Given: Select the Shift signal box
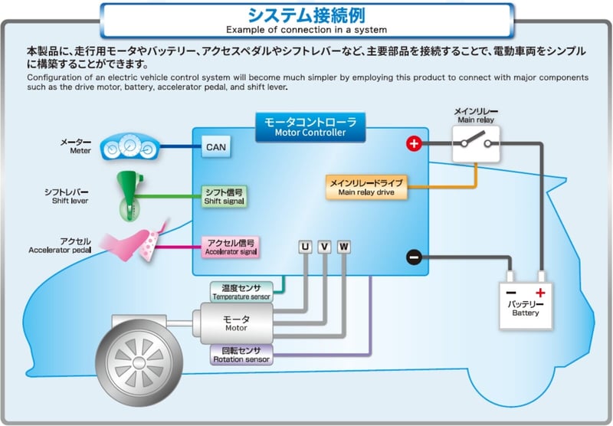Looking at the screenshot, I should coord(224,196).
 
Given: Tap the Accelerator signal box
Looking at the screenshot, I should coord(230,245).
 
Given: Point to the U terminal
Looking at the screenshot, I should coord(305,247).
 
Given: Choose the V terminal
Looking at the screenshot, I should coord(325,247).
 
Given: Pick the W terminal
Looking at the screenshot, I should coord(344,247).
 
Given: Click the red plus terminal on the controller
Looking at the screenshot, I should coord(414,143).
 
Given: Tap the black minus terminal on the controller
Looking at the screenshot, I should coord(414,257).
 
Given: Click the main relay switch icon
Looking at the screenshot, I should coord(477,143).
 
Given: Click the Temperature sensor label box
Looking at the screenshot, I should coord(241,291).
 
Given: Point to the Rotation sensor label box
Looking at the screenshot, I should coord(241,353).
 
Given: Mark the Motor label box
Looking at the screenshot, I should coord(236,323).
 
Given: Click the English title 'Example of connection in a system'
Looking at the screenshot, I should coord(306,29).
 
